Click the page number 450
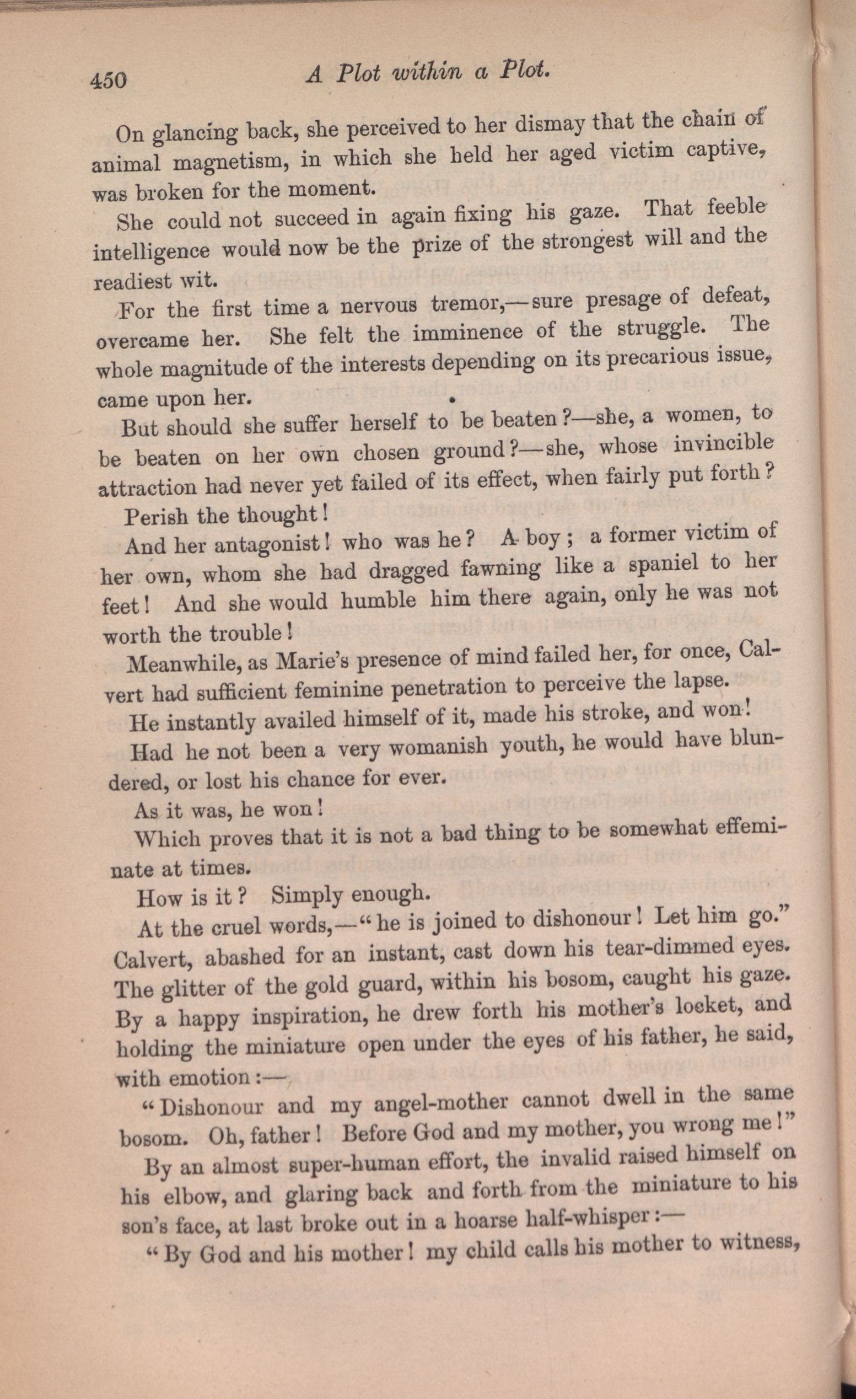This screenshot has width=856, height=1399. (x=108, y=80)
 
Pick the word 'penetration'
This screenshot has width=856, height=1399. (x=450, y=689)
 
